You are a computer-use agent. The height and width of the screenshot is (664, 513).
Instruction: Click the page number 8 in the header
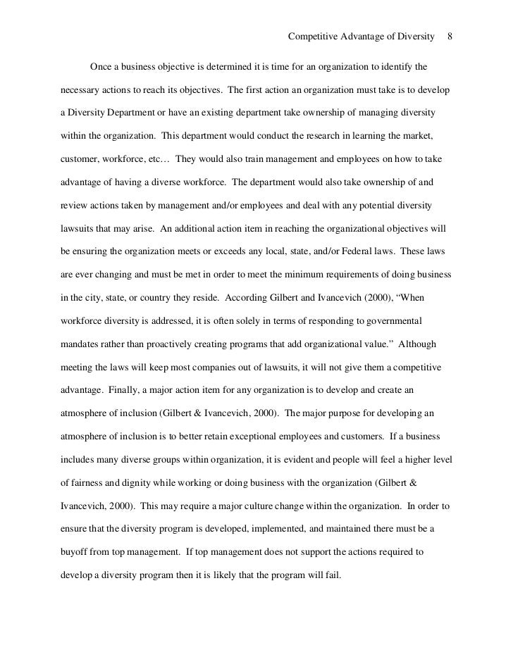point(450,37)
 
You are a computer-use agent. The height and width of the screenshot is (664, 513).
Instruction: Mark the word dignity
point(153,484)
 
